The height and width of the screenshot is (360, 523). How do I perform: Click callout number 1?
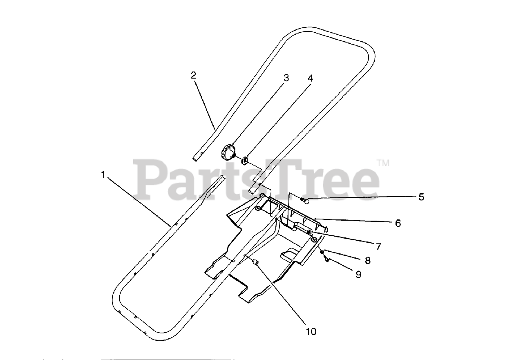[103, 174]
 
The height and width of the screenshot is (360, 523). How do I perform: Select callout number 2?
[193, 75]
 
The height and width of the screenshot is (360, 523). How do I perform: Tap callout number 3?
[286, 78]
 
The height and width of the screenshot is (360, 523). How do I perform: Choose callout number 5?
[421, 197]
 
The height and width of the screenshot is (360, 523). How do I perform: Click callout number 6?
[398, 223]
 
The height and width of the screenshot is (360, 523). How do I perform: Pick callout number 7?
[378, 246]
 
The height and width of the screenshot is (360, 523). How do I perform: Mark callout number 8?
[368, 260]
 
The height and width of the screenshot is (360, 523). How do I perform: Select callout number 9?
[358, 275]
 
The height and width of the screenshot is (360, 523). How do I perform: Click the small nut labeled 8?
[322, 252]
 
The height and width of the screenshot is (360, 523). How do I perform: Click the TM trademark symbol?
[383, 163]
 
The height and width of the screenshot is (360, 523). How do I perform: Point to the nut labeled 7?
[310, 233]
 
